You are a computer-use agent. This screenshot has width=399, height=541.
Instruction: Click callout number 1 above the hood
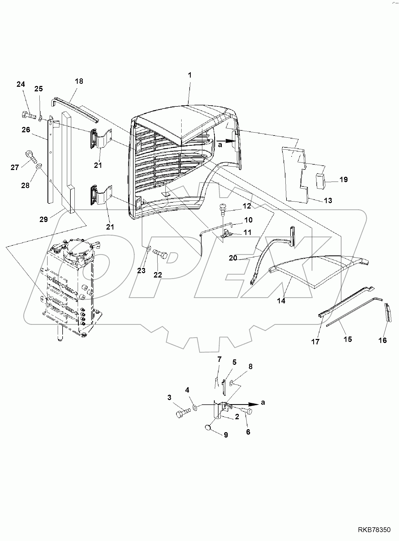(190, 75)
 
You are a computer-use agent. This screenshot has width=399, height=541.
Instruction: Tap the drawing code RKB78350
(374, 530)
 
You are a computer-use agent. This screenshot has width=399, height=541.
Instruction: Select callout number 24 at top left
(21, 85)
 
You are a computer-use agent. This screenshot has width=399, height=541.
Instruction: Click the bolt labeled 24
(28, 116)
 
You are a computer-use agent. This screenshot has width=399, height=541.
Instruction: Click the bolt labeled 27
(30, 157)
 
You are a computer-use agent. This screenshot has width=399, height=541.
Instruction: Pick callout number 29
(43, 219)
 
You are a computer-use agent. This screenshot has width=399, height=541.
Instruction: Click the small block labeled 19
(320, 182)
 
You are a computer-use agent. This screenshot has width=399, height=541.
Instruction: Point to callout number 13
(328, 200)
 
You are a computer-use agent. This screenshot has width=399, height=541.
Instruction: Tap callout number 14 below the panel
(281, 301)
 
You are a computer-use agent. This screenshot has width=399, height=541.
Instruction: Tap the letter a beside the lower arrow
(263, 403)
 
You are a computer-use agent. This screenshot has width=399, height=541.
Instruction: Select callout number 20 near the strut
(233, 258)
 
